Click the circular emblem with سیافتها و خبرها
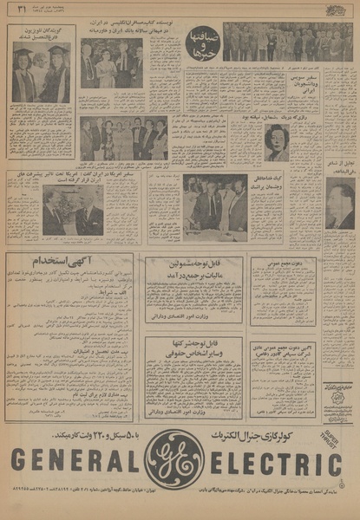point(202,42)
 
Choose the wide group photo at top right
point(286,42)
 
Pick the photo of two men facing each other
point(73,211)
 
